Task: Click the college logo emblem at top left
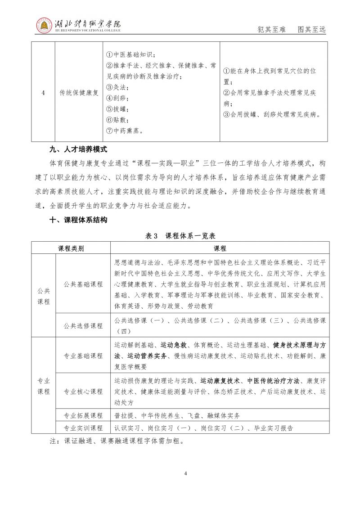45,25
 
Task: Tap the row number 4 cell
43,93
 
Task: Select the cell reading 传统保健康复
79,93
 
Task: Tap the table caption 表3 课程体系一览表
180,235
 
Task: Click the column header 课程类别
71,248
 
